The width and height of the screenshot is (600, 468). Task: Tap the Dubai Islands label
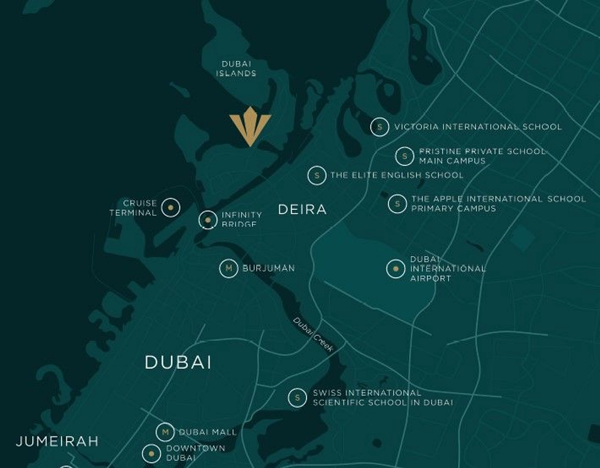pyautogui.click(x=236, y=69)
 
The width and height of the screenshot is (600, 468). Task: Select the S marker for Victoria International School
pyautogui.click(x=380, y=127)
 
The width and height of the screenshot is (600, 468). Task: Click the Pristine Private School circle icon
pyautogui.click(x=404, y=156)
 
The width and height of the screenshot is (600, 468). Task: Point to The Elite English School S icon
pyautogui.click(x=317, y=175)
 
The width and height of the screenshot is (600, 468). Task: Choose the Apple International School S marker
pyautogui.click(x=397, y=204)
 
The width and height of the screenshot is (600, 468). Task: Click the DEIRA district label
pyautogui.click(x=302, y=209)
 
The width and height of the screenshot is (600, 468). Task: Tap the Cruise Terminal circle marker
pyautogui.click(x=171, y=208)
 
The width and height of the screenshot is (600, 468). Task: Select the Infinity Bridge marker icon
pyautogui.click(x=208, y=220)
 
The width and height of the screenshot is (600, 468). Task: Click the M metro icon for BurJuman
pyautogui.click(x=228, y=268)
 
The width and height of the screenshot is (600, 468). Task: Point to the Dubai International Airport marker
pyautogui.click(x=395, y=269)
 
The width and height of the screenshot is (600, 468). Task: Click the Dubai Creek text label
pyautogui.click(x=313, y=334)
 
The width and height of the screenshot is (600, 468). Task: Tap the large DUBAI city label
pyautogui.click(x=178, y=362)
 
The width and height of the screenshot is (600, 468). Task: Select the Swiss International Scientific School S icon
pyautogui.click(x=297, y=398)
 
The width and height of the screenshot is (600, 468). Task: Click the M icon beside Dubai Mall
pyautogui.click(x=165, y=432)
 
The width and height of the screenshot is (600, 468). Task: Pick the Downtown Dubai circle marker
pyautogui.click(x=151, y=453)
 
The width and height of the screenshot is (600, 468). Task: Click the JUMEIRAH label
pyautogui.click(x=57, y=441)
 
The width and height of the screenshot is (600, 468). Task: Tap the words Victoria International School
pyautogui.click(x=478, y=127)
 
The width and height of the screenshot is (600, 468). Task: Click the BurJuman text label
pyautogui.click(x=269, y=268)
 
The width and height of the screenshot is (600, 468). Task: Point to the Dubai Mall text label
pyautogui.click(x=208, y=432)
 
